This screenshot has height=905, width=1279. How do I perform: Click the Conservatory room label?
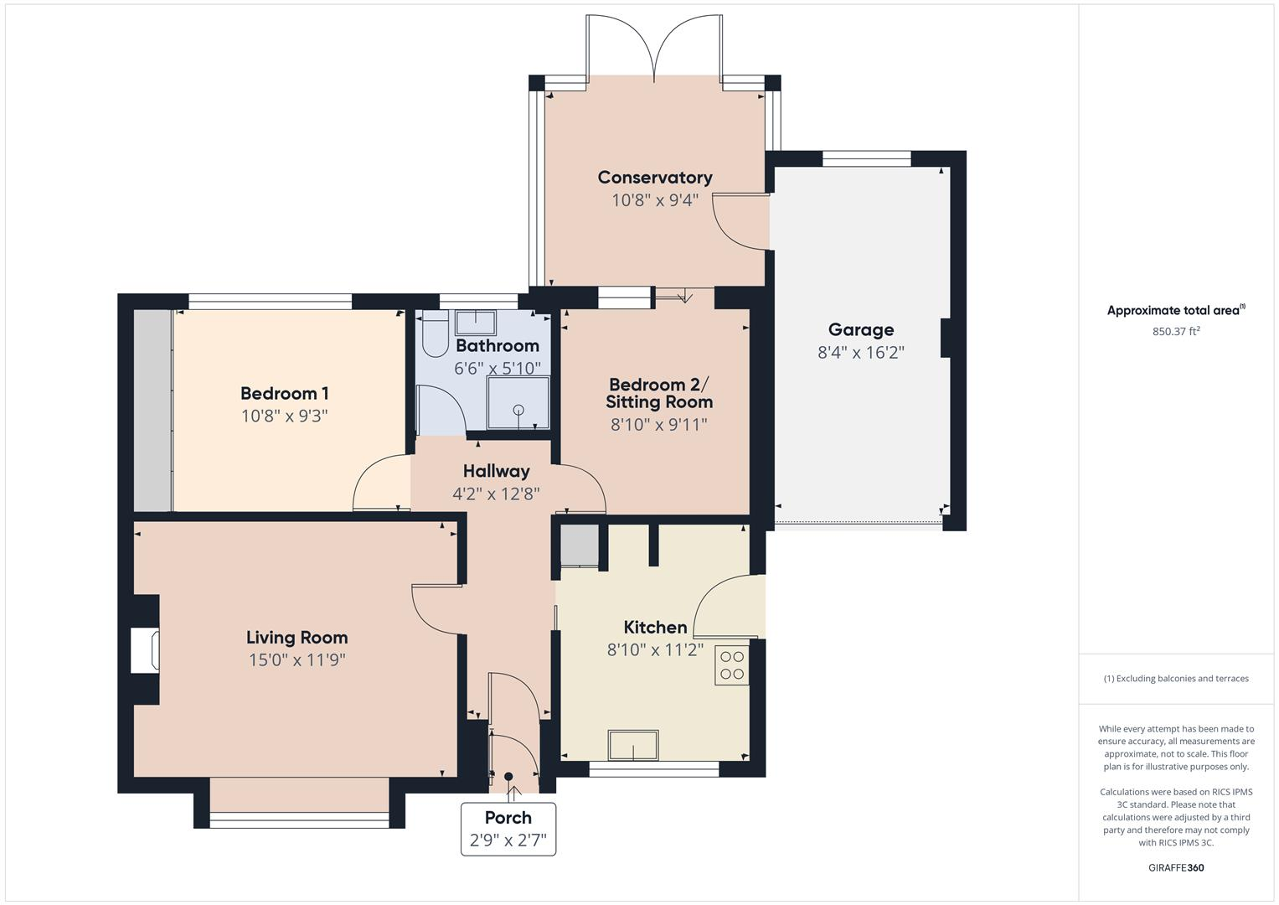pyautogui.click(x=654, y=177)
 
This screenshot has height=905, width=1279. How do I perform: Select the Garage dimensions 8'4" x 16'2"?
pyautogui.click(x=860, y=352)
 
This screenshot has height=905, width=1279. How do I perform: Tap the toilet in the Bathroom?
pyautogui.click(x=435, y=334)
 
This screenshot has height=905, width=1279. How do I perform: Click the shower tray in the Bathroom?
pyautogui.click(x=518, y=404)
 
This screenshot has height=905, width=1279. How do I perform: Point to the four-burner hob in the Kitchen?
pyautogui.click(x=731, y=664)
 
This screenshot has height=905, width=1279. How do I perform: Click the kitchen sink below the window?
pyautogui.click(x=633, y=744)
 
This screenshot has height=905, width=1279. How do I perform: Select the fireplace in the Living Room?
pyautogui.click(x=145, y=650)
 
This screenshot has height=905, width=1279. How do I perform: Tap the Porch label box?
pyautogui.click(x=508, y=829)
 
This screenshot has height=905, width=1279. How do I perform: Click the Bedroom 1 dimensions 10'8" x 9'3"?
pyautogui.click(x=284, y=416)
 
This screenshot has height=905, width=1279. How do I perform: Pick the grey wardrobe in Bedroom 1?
pyautogui.click(x=153, y=411)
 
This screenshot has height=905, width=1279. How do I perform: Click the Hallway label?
pyautogui.click(x=496, y=471)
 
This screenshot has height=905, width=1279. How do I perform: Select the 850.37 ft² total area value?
pyautogui.click(x=1175, y=332)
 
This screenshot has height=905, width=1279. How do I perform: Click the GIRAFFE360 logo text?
pyautogui.click(x=1175, y=867)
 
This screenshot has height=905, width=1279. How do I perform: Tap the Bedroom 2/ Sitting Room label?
pyautogui.click(x=658, y=393)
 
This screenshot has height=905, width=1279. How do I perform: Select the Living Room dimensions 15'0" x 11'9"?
pyautogui.click(x=297, y=659)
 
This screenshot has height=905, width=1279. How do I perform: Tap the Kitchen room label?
pyautogui.click(x=655, y=627)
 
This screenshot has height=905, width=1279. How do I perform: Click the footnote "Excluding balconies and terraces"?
pyautogui.click(x=1175, y=679)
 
